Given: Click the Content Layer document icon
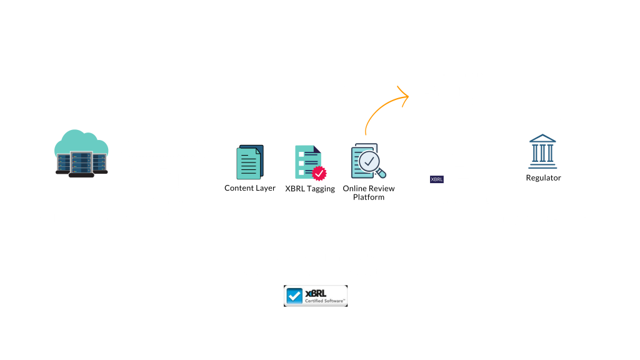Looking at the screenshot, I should [x=250, y=162].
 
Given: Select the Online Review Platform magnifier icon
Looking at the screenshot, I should [x=369, y=161].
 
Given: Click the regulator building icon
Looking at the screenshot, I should [x=542, y=151].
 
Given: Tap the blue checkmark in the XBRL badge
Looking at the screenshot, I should [x=294, y=296].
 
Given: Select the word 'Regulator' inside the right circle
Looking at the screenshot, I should [x=543, y=177].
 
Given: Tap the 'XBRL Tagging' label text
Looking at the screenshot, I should [x=310, y=188].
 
